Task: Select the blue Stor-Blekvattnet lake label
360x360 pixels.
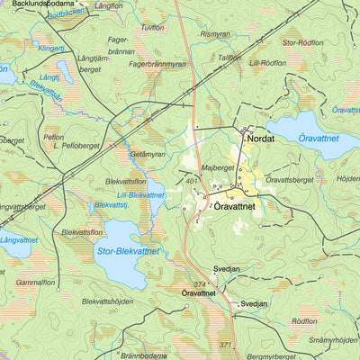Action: (127, 250)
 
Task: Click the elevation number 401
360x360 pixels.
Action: (192, 182)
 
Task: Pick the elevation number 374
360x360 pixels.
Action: (200, 283)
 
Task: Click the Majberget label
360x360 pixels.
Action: (216, 166)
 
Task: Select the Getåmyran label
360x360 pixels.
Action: (148, 155)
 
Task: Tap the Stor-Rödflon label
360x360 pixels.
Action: (302, 42)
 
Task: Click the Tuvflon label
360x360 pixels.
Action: (153, 28)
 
